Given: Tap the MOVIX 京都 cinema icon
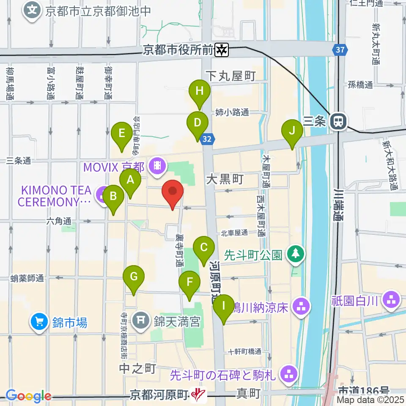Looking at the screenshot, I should click(x=157, y=165).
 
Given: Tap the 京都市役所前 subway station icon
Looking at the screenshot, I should click(x=222, y=50).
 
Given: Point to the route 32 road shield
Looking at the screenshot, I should click(x=207, y=138).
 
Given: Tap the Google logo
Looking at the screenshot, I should click(x=28, y=395).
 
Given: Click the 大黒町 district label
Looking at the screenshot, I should click(x=225, y=179).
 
